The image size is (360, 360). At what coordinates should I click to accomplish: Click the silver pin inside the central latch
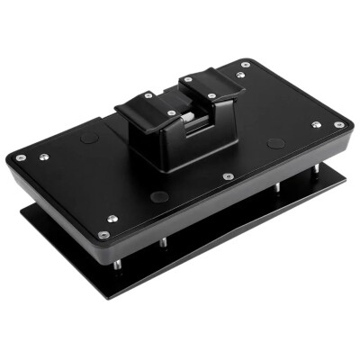click(x=186, y=118)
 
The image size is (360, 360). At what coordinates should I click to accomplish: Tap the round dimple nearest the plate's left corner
click(x=88, y=137)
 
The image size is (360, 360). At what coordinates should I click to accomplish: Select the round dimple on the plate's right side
click(x=275, y=142)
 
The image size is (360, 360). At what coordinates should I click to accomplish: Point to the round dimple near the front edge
click(x=159, y=196)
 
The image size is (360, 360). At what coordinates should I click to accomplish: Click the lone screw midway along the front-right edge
click(x=228, y=176)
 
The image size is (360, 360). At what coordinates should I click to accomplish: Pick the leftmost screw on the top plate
click(x=21, y=157)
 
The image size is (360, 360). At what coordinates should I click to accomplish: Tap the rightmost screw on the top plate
click(x=339, y=125)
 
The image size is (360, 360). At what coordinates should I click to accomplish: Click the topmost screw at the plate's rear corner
click(x=246, y=64)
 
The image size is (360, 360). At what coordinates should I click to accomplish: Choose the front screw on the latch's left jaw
click(x=171, y=113)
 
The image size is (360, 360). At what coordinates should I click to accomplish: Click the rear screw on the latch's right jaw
click(x=188, y=79)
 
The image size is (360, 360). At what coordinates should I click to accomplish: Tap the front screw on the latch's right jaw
click(x=211, y=96)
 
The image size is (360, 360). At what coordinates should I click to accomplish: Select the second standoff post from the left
click(x=162, y=243)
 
